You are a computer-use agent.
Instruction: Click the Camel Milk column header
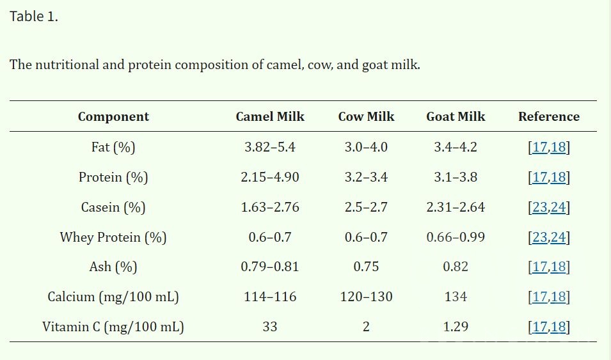[270, 116]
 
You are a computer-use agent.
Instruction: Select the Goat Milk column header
[456, 116]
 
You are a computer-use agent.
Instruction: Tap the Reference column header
[548, 116]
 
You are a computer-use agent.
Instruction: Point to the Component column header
[113, 116]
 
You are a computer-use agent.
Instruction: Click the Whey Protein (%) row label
[113, 237]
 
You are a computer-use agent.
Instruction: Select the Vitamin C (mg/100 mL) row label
[113, 327]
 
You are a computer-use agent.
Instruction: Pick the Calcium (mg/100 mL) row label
[113, 297]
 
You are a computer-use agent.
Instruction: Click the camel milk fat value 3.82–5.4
[270, 147]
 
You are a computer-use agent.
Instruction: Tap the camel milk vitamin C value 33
[270, 327]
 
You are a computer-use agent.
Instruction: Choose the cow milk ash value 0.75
[366, 267]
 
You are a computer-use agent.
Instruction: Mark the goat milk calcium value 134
[456, 297]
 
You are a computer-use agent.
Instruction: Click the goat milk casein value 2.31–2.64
[456, 207]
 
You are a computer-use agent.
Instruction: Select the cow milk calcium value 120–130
[366, 297]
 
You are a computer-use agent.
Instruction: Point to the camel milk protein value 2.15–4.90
[270, 177]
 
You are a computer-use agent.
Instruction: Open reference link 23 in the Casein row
[539, 207]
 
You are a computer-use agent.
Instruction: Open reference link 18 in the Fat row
[558, 147]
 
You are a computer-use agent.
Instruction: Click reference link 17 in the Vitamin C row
[539, 327]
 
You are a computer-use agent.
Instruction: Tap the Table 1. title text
[34, 17]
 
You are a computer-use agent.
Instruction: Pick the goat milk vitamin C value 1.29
[456, 327]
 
